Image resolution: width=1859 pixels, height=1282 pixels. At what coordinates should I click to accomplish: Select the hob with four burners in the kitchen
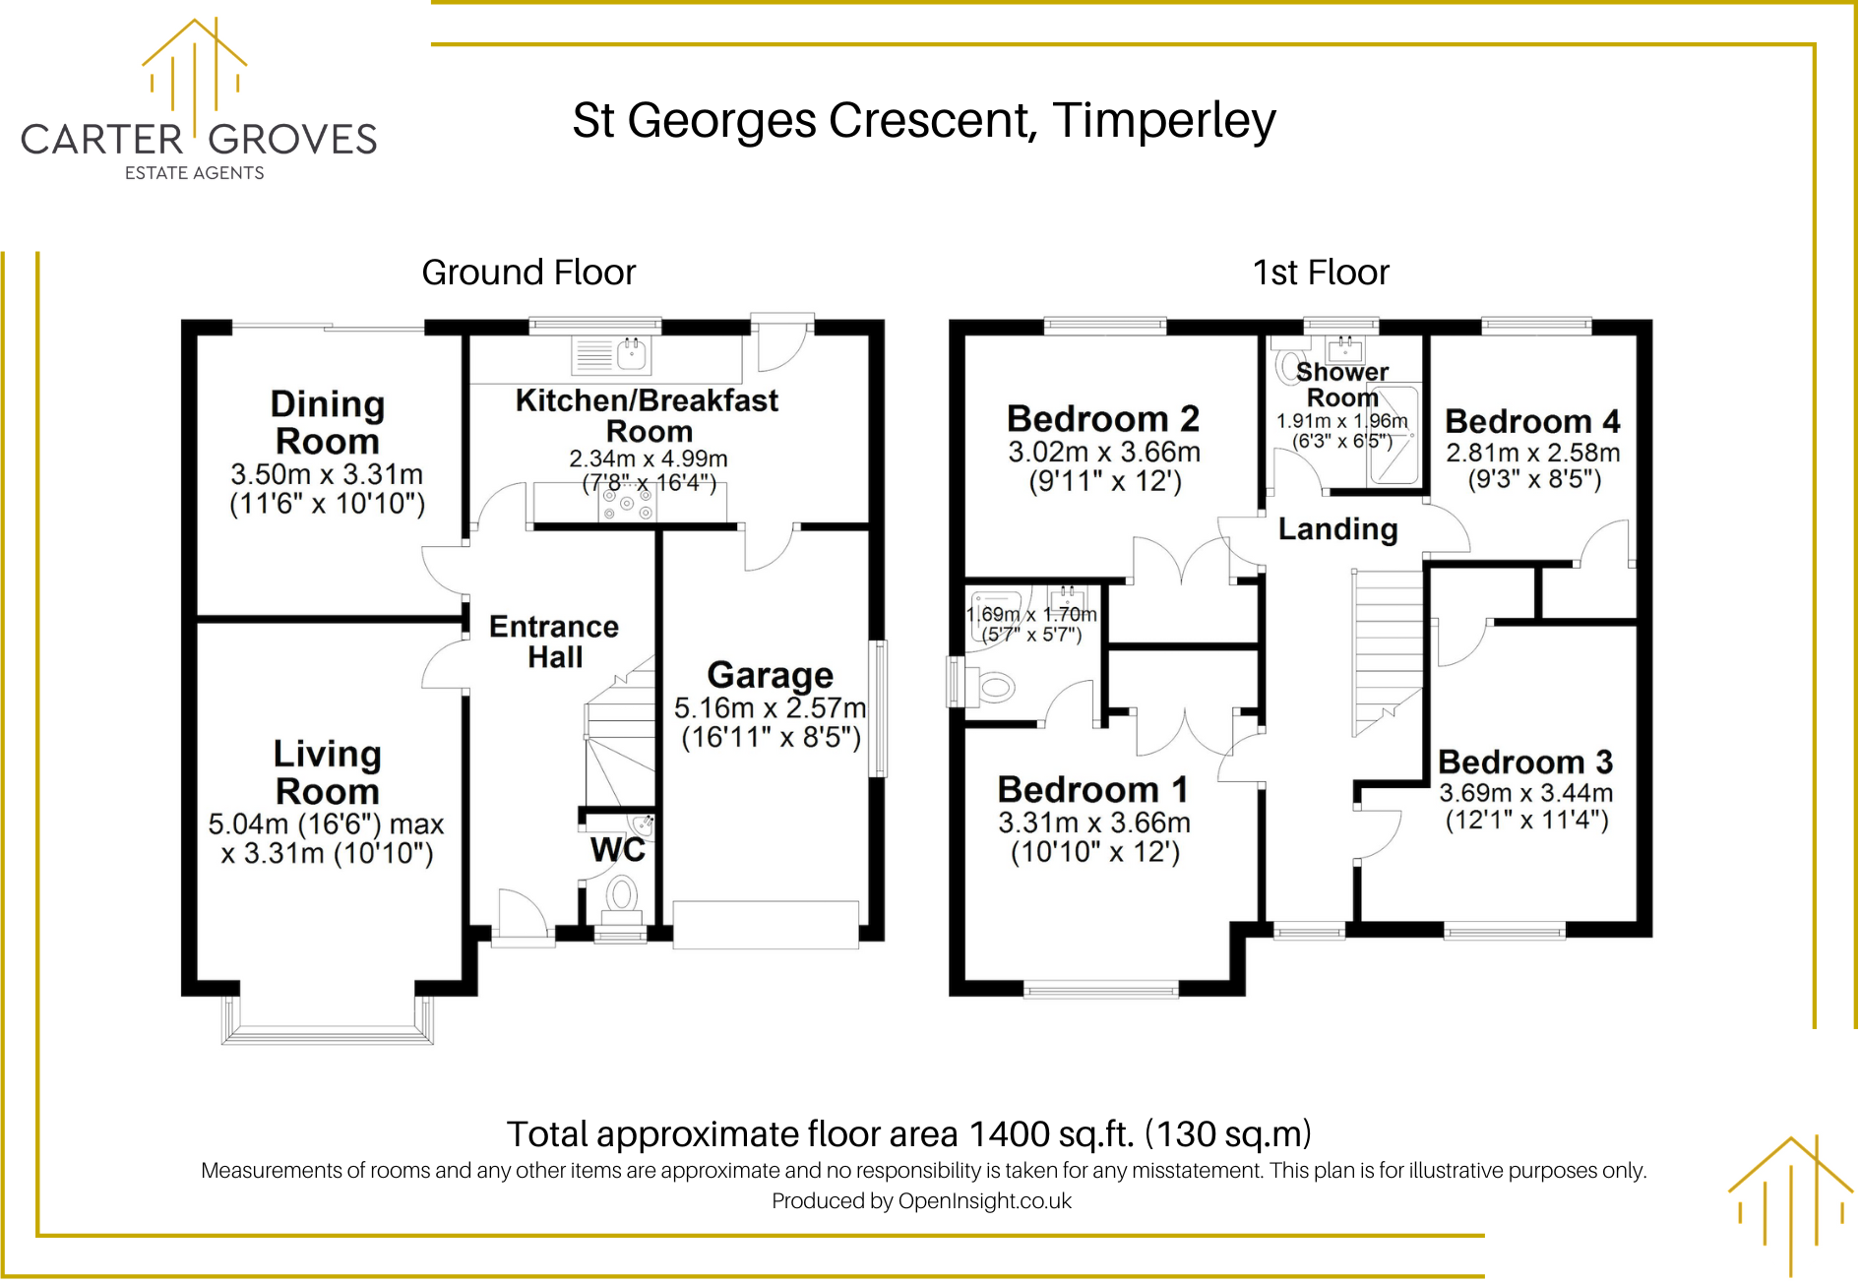[628, 503]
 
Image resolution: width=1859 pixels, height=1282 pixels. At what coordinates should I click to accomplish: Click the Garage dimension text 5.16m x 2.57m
[770, 707]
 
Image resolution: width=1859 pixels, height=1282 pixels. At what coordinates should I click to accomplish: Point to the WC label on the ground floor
[617, 850]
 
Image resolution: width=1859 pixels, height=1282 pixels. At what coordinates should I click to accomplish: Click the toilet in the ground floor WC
[621, 895]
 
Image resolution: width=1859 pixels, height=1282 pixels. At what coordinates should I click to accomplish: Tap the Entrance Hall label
[554, 641]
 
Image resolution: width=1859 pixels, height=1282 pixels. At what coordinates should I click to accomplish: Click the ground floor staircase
[620, 738]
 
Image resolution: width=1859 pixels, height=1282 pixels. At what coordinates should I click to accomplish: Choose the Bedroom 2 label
[1102, 419]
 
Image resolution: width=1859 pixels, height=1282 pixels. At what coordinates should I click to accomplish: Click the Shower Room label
[1341, 385]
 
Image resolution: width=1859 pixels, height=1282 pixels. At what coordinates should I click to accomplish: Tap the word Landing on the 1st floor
[1337, 529]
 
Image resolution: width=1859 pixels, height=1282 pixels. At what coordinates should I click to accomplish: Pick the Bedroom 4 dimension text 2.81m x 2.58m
[1532, 453]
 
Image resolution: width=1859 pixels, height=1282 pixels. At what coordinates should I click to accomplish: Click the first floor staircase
[1388, 649]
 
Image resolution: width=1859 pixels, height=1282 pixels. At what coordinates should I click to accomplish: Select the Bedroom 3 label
[1524, 763]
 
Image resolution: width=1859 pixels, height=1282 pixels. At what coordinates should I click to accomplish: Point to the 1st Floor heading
[1320, 273]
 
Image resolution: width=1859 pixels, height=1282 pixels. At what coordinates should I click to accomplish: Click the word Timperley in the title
[1163, 121]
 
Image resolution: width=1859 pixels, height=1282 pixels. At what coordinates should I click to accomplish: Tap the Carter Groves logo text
[199, 140]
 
